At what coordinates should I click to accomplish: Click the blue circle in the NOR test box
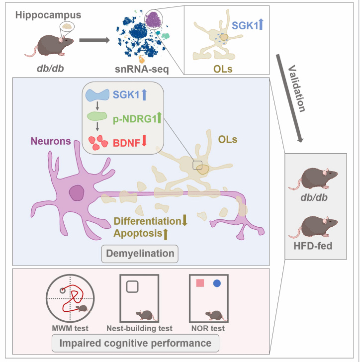coord(217,283)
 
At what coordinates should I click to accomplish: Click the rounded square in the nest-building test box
coord(132,286)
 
